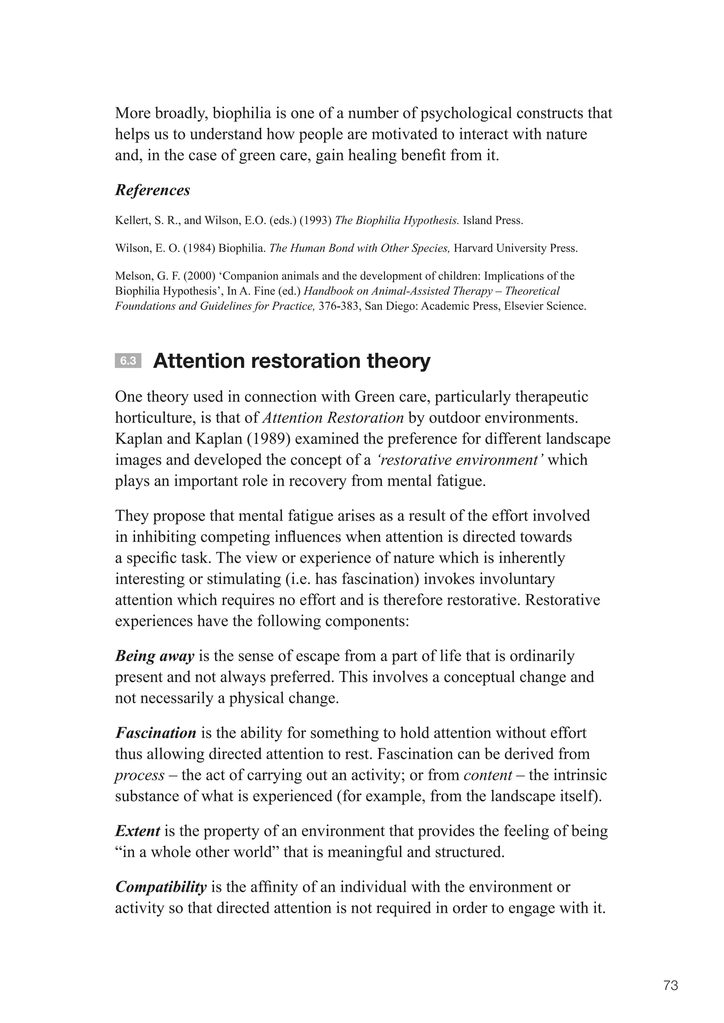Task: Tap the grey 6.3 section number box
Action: pos(128,361)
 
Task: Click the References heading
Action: pos(152,190)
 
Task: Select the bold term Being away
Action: pos(155,656)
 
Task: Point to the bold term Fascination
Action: pos(156,733)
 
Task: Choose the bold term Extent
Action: pos(137,831)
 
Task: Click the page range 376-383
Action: pos(339,306)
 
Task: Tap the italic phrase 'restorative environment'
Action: pos(459,460)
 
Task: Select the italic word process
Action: pos(140,775)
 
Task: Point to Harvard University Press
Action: pos(515,248)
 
